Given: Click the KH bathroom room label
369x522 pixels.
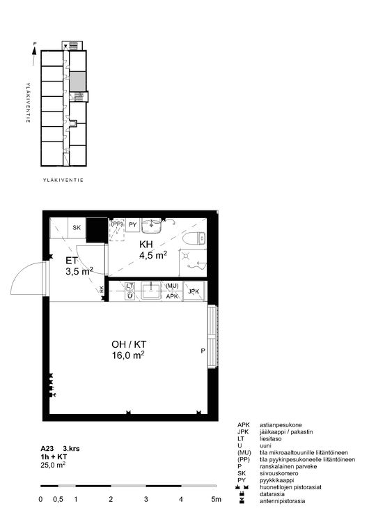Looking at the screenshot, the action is (146, 245).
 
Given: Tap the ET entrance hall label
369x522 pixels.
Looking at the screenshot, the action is (72, 261).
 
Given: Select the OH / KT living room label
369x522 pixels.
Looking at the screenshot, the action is (129, 344).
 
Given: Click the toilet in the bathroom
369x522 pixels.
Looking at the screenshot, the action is (194, 238).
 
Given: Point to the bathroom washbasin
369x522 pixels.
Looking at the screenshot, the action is (152, 226).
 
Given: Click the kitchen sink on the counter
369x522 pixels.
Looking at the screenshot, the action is (152, 291).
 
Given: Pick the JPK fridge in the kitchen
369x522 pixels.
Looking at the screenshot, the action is (194, 291).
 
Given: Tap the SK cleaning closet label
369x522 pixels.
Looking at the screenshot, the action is (77, 228).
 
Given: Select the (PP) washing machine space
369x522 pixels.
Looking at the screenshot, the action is (118, 229).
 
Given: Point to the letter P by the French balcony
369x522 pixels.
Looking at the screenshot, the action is (203, 351).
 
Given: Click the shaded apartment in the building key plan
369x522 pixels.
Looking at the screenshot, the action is (77, 81).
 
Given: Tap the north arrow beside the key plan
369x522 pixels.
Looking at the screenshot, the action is (34, 54).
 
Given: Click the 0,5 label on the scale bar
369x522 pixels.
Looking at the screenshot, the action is (58, 500).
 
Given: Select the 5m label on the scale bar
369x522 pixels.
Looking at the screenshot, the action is (216, 500).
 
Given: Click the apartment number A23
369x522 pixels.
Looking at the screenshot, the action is (47, 449).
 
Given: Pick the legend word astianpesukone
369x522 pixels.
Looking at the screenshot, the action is (281, 425).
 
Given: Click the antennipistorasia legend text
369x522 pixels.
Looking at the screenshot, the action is (282, 501).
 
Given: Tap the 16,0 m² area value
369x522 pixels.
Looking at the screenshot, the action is (128, 355).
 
